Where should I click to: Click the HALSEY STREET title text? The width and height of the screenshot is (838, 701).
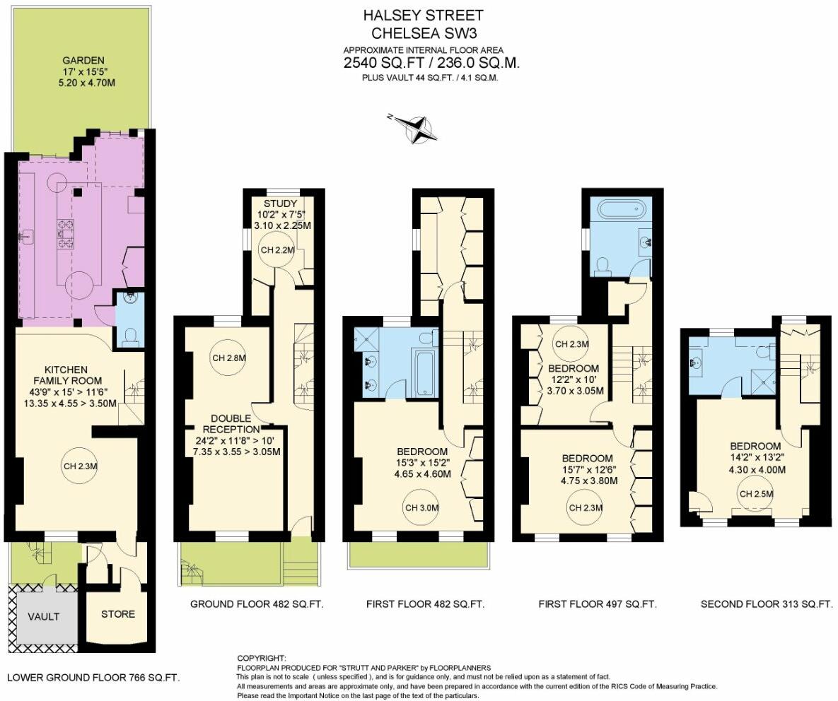[x=423, y=15]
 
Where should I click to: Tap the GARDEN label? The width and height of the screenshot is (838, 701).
[x=83, y=61]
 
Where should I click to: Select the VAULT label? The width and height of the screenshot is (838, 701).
[x=43, y=616]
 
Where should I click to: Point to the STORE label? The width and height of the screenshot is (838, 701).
[x=117, y=614]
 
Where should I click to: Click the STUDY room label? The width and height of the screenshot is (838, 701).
[x=282, y=204]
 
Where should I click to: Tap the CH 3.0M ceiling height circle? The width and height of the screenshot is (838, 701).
[x=422, y=507]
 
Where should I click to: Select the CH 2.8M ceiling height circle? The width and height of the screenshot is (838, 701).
[x=228, y=358]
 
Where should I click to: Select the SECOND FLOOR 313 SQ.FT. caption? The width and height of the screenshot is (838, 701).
[x=767, y=604]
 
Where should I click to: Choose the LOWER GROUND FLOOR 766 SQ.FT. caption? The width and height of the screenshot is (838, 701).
[x=93, y=677]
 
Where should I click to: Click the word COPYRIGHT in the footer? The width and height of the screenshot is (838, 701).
[x=261, y=658]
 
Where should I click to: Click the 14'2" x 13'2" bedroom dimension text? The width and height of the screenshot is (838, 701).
[x=755, y=457]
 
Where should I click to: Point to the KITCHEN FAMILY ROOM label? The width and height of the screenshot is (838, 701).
[x=66, y=375]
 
